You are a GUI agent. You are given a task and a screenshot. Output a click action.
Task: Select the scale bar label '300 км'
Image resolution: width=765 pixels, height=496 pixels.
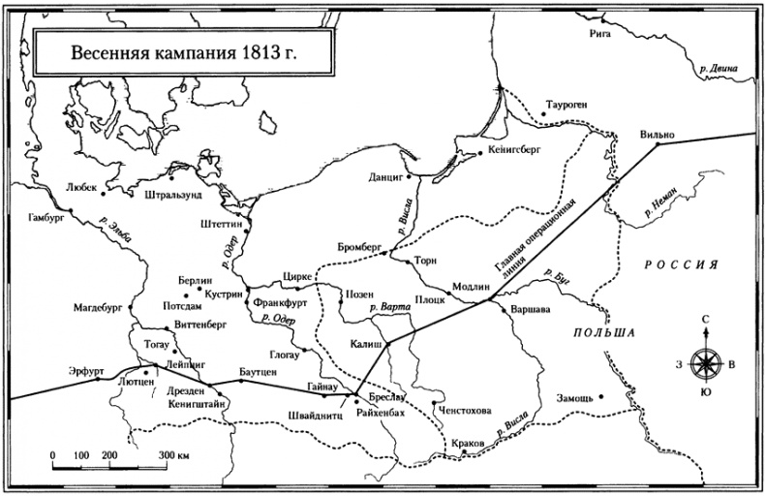click(173, 454)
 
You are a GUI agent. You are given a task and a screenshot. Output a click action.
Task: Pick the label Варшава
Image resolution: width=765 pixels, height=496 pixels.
click(530, 311)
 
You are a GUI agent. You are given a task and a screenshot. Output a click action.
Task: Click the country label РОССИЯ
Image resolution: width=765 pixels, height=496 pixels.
click(682, 264)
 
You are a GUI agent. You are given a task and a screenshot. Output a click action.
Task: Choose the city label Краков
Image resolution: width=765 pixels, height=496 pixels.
click(467, 444)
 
